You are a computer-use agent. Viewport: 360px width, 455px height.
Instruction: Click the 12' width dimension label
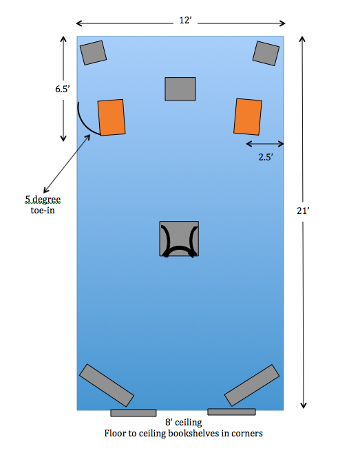(185, 21)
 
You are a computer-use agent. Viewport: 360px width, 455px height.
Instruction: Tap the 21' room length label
(303, 211)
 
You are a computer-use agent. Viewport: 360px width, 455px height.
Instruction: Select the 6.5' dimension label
(63, 89)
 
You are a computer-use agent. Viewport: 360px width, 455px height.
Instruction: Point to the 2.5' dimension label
(266, 157)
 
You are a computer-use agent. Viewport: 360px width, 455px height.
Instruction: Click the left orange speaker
(112, 117)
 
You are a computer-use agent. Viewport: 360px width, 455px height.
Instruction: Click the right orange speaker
(248, 116)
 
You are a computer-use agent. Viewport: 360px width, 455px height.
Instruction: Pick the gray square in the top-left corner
(93, 52)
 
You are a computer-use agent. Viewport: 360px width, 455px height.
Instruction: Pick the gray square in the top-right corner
(266, 54)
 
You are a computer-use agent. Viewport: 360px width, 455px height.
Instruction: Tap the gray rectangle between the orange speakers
(180, 89)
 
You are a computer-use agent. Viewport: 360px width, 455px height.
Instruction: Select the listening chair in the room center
(179, 239)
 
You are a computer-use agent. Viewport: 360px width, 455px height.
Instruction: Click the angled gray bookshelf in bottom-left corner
(107, 385)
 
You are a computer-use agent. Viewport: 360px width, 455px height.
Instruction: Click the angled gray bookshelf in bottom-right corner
(252, 385)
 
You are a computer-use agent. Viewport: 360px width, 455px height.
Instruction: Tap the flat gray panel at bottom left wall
(134, 412)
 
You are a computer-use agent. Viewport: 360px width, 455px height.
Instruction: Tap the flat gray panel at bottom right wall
(231, 412)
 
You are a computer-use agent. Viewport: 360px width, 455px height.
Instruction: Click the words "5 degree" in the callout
(43, 200)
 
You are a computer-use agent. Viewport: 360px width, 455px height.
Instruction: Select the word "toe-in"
(43, 210)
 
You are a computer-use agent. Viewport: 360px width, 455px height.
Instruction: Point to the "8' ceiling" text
(184, 422)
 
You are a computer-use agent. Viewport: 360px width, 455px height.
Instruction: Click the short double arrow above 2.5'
(265, 144)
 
